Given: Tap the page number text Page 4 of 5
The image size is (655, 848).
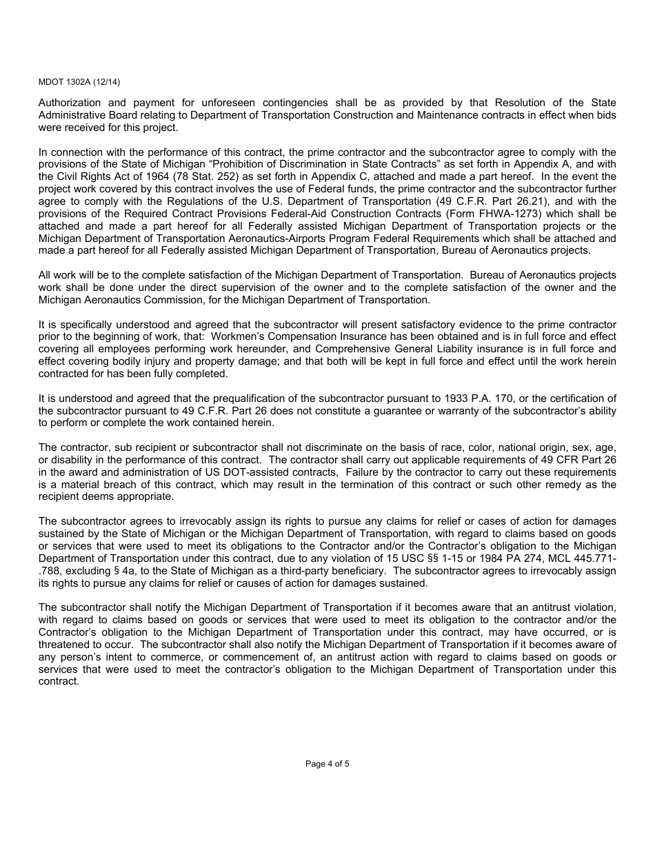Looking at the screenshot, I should [x=327, y=763].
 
